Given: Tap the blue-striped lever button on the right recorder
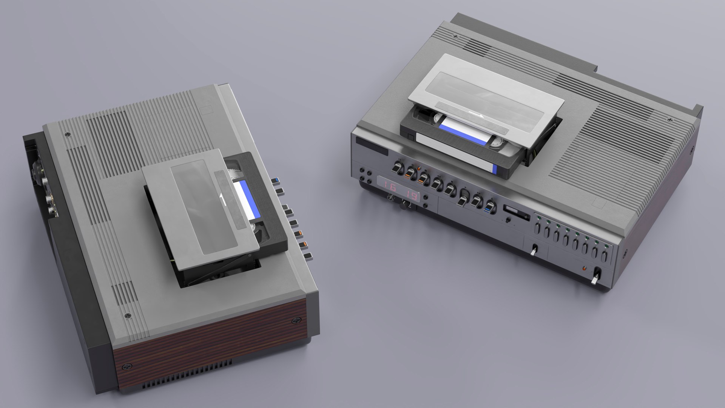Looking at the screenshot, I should point(490,207).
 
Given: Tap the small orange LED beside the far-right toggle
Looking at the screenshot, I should point(584,269).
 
